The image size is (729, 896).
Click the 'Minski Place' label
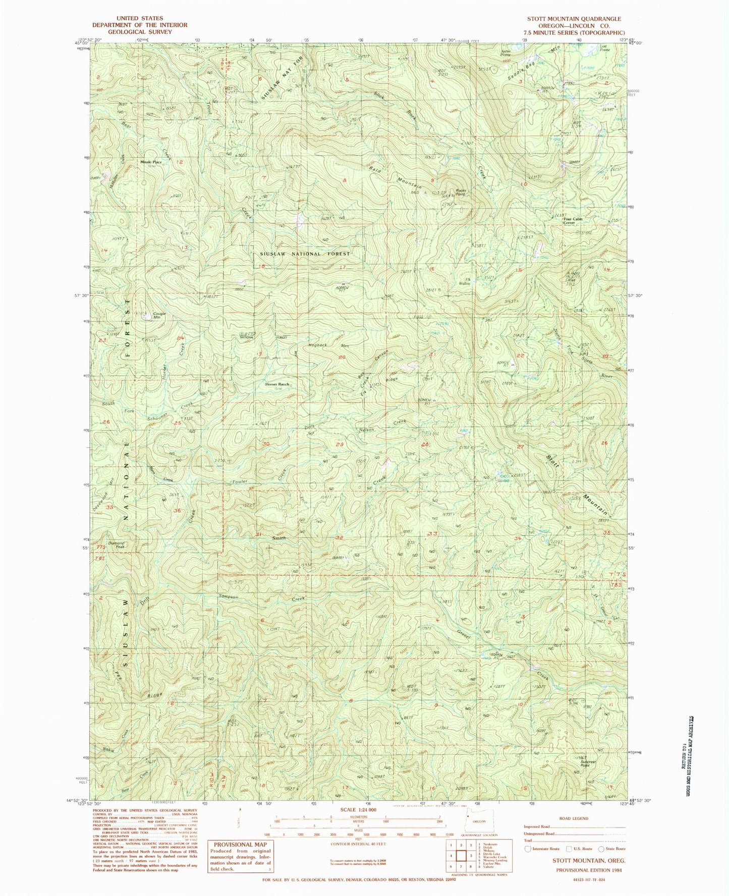151,162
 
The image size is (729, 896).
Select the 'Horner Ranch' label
277,384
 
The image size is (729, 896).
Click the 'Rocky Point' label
460,192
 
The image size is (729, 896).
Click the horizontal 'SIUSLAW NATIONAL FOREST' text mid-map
304,254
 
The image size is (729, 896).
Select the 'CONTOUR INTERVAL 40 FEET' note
365,843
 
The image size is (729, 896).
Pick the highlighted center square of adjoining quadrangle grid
461,856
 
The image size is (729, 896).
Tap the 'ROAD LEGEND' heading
574,818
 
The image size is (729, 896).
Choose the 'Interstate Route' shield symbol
528,849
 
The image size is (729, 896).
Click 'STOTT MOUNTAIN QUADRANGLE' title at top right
574,19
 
